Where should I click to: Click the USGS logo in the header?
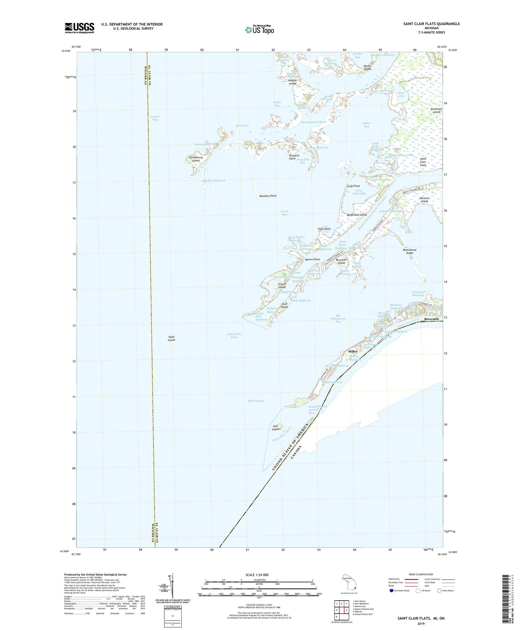79,28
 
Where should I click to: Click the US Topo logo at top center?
259,30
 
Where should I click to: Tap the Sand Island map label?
171,338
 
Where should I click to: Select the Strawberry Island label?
196,159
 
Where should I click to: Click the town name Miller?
353,351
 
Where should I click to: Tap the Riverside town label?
432,319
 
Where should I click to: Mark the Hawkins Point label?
268,196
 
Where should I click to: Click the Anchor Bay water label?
155,118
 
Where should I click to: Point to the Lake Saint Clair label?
234,335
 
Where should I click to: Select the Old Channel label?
256,401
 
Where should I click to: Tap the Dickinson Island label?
436,111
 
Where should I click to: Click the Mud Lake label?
401,94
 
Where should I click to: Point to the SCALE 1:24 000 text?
257,575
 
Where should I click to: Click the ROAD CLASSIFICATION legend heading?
421,574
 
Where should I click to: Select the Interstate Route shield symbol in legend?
391,591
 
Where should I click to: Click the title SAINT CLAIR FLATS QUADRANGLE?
431,24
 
